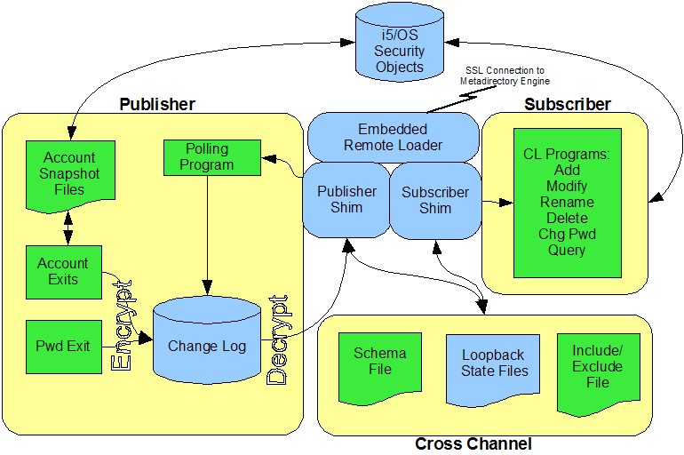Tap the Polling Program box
(206, 156)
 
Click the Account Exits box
(63, 271)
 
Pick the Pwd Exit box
(63, 346)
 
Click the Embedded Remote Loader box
(392, 137)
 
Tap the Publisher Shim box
(346, 200)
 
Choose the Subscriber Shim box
(435, 200)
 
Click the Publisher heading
(156, 104)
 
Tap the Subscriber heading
(567, 104)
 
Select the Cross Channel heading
(473, 443)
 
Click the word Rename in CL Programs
(567, 202)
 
